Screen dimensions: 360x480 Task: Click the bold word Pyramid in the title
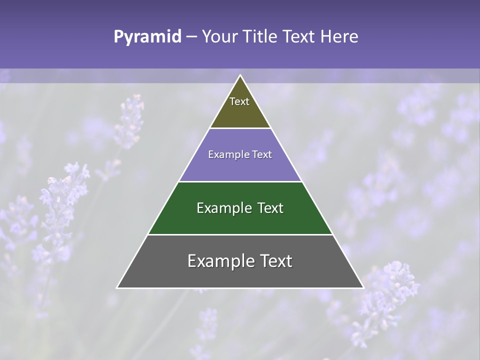click(147, 37)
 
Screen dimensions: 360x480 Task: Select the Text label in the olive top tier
click(239, 101)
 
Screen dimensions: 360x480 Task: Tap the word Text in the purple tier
click(262, 155)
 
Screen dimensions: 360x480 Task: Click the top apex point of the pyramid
click(240, 75)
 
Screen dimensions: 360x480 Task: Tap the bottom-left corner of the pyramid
click(117, 287)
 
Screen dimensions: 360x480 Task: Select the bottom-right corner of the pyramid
click(363, 287)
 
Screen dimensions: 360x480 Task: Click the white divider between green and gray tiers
click(240, 234)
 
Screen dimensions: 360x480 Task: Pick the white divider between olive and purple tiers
click(240, 128)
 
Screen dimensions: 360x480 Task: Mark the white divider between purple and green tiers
click(240, 181)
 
